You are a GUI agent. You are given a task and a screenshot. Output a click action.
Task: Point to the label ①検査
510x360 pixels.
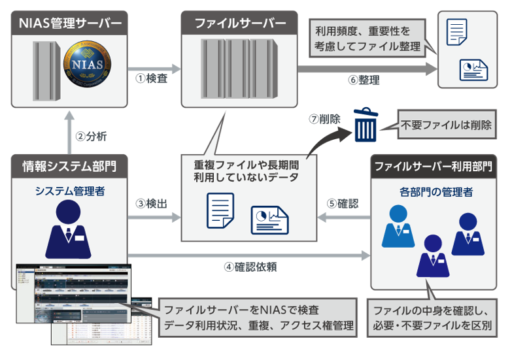point(151,79)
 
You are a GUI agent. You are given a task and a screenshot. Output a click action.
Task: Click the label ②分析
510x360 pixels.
point(91,137)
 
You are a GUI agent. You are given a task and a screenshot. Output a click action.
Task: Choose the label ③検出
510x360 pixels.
point(151,203)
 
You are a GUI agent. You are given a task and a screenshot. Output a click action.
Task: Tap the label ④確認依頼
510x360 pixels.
point(250,267)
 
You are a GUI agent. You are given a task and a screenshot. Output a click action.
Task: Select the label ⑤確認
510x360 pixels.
point(342,203)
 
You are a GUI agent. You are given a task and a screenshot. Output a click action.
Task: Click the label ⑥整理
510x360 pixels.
point(364,80)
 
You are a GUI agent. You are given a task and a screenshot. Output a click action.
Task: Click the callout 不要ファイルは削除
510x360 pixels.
point(447,124)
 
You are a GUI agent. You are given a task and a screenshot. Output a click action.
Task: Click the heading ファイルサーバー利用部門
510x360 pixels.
point(433,166)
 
